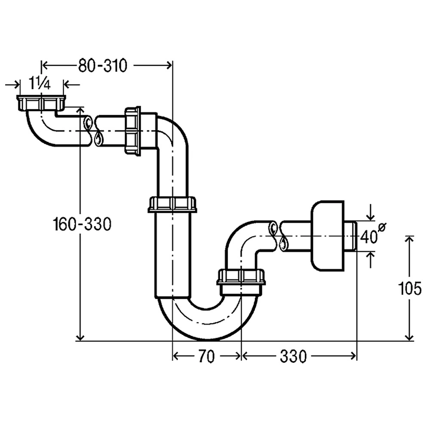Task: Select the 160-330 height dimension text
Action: pos(82,224)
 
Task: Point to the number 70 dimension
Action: pos(206,356)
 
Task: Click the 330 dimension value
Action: pos(293,356)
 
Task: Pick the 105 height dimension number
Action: pos(410,288)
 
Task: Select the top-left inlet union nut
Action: pos(41,103)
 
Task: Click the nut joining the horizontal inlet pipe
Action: pos(133,130)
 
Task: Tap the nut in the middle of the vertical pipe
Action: pos(172,204)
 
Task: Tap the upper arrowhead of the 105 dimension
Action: pos(410,239)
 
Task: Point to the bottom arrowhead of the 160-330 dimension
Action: pos(80,337)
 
